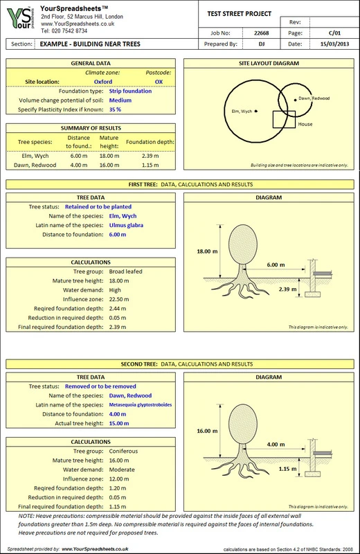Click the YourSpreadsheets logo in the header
pos(21,19)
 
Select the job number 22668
pos(262,33)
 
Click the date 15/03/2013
pos(334,44)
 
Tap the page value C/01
pos(334,33)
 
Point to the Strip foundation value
pos(130,91)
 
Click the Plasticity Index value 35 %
pos(115,109)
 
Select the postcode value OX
pos(159,82)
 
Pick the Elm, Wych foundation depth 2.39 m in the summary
pos(150,156)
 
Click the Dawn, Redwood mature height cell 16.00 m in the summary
pos(109,165)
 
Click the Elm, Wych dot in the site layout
pos(256,111)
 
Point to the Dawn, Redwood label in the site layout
pos(314,98)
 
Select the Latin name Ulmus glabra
pos(126,225)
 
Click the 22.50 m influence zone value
pos(119,299)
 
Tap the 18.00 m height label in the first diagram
pos(208,251)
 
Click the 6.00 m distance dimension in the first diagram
pos(276,265)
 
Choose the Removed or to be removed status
pos(100,386)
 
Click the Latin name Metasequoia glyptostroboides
pos(141,405)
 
